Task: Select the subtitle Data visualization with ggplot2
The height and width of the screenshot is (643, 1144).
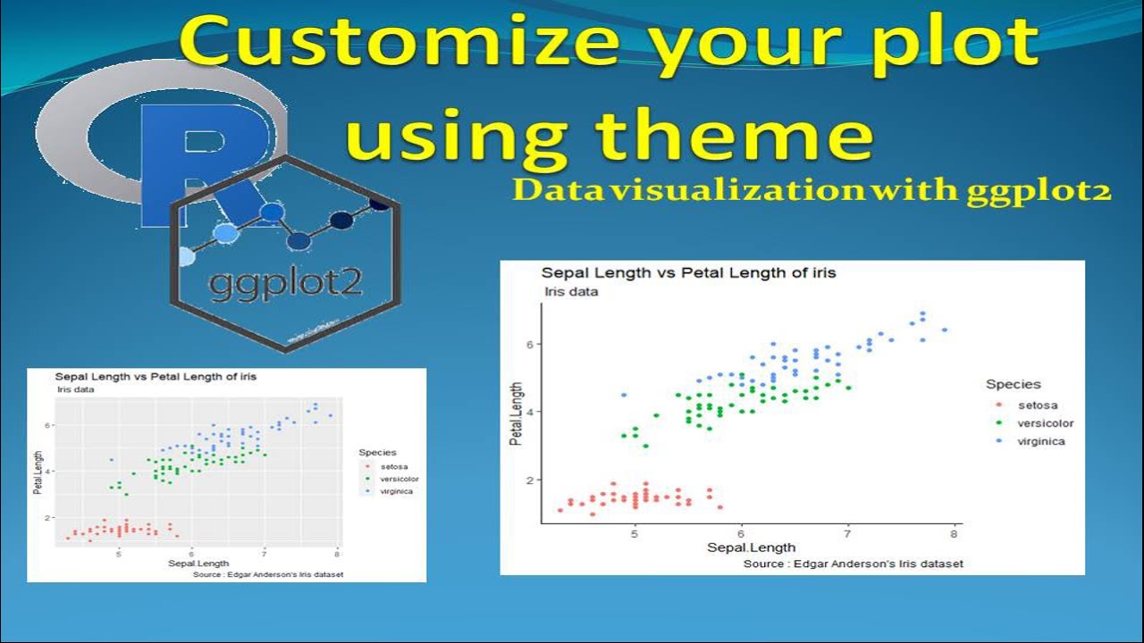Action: tap(812, 191)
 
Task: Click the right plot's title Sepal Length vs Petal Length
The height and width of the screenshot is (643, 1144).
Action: tap(688, 273)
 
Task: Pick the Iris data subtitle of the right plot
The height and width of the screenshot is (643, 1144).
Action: tap(571, 292)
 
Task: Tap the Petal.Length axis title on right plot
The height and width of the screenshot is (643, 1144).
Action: tap(516, 413)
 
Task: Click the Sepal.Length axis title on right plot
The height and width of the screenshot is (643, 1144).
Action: tap(751, 547)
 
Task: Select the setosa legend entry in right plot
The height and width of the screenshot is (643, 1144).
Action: tap(1036, 405)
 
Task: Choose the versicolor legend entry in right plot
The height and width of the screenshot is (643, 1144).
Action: tap(1045, 423)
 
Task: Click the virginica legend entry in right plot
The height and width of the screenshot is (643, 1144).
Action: tap(1041, 441)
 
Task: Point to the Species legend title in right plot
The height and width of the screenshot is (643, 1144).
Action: tap(1013, 384)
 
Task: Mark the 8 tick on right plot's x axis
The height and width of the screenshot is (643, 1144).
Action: tap(954, 534)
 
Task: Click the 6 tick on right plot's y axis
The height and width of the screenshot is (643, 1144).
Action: tap(528, 344)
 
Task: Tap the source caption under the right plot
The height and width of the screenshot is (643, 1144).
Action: tap(853, 564)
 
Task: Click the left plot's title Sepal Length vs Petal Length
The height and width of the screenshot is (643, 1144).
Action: tap(156, 377)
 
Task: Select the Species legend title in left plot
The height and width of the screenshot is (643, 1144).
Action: tap(377, 453)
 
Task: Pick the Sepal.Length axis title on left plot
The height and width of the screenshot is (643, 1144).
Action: tap(198, 564)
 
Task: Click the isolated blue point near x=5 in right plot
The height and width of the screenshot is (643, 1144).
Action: tap(624, 395)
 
